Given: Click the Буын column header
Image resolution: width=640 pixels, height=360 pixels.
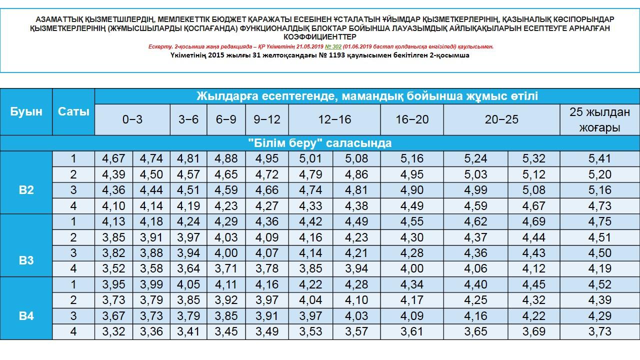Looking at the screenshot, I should click(26, 111).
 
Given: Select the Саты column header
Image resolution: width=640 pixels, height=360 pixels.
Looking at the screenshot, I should click(73, 111).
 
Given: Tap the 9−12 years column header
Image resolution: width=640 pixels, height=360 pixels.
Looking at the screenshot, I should click(267, 119).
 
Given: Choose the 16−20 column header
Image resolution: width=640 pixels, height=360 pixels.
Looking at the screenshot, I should click(412, 119).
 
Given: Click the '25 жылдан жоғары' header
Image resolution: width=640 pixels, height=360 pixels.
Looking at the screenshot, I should click(599, 119).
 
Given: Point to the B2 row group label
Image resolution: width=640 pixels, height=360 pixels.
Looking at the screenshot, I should click(26, 190).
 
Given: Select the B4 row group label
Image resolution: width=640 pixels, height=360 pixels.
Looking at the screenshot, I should click(26, 316).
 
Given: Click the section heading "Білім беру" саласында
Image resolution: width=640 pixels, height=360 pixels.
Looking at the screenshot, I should click(320, 143).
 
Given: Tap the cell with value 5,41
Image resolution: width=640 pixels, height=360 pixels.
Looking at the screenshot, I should click(599, 159).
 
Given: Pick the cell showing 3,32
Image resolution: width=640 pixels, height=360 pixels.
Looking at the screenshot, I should click(113, 331).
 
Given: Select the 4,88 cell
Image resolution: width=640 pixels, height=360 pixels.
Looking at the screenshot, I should click(226, 159).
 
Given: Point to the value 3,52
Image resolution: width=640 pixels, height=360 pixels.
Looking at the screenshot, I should click(113, 269).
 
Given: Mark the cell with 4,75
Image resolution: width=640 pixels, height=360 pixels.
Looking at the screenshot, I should click(599, 222).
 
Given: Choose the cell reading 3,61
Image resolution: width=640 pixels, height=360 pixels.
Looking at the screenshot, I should click(412, 331).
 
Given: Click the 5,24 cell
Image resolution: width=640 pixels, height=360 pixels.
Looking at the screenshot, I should click(475, 159).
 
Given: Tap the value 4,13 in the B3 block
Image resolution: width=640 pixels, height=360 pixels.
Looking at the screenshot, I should click(113, 222).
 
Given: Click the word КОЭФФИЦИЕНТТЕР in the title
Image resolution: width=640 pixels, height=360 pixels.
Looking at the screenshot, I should click(320, 37).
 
